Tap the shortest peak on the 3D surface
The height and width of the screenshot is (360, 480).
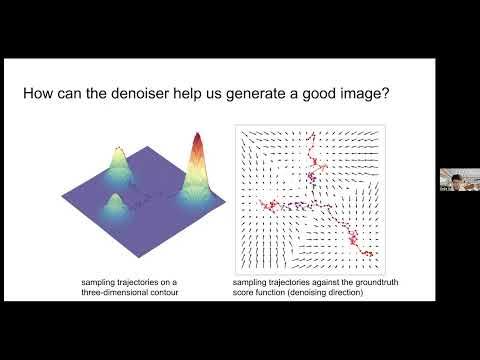[x=113, y=203]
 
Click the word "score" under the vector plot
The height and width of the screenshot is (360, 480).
[x=244, y=294]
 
